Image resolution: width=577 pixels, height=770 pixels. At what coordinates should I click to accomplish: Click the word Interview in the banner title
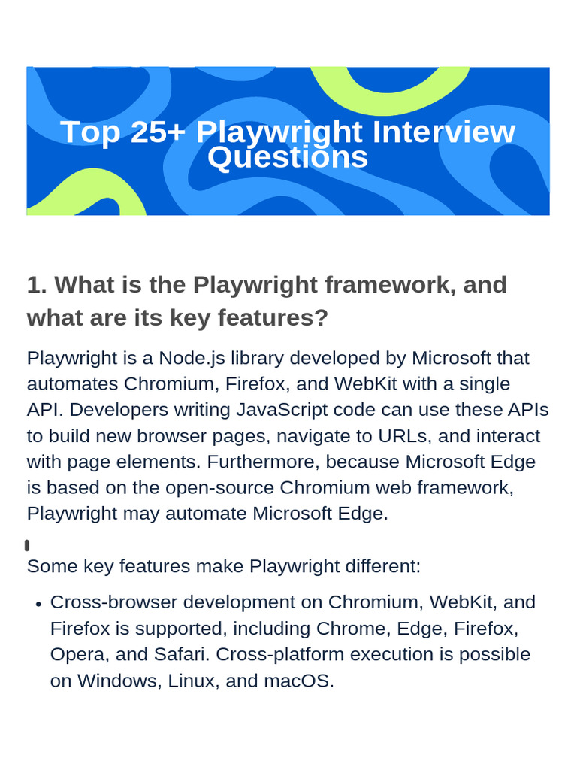pos(443,132)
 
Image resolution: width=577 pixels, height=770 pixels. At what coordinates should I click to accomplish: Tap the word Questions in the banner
pos(288,157)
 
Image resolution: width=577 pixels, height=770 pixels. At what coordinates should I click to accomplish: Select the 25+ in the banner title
pos(158,132)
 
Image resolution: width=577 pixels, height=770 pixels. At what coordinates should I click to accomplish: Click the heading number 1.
pos(37,285)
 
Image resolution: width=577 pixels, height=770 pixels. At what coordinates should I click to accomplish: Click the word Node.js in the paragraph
pos(192,358)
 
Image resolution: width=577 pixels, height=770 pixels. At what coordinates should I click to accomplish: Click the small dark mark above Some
pos(27,545)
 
